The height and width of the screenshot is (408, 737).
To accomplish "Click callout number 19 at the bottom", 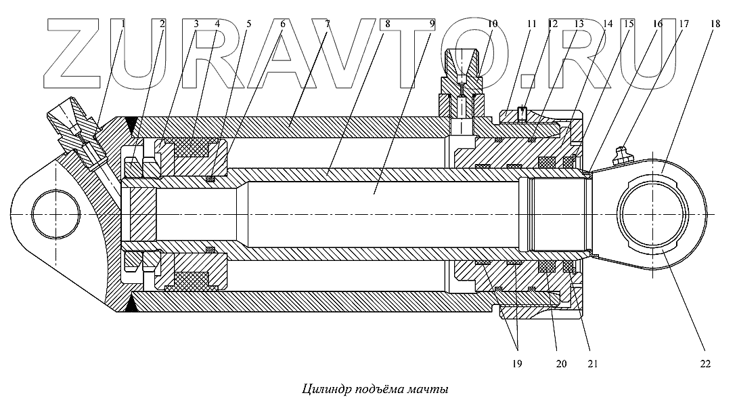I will tap(518, 363).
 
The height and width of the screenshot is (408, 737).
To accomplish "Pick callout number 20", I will tap(562, 363).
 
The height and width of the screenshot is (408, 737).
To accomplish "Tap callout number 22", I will tap(705, 363).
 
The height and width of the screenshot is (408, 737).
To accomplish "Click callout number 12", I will tap(553, 24).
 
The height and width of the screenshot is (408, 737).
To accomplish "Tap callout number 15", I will tap(629, 24).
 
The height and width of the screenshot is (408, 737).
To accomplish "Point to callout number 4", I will tap(217, 24).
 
